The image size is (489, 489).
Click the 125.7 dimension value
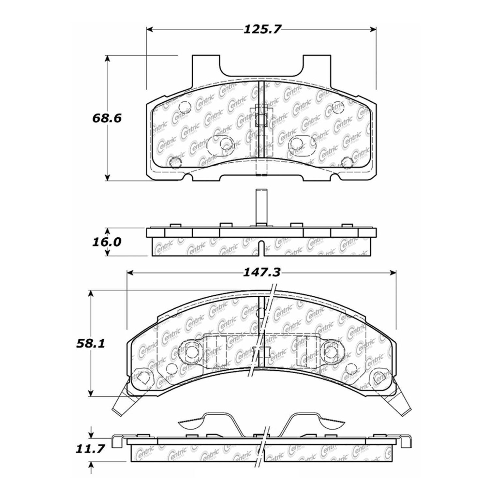click(x=262, y=30)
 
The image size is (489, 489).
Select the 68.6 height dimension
click(x=107, y=118)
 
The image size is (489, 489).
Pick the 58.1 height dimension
click(x=90, y=344)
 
